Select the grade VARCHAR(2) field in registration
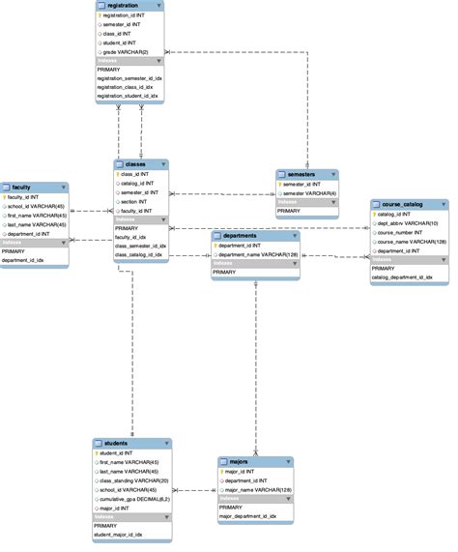pos(125,50)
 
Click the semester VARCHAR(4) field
pos(308,192)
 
